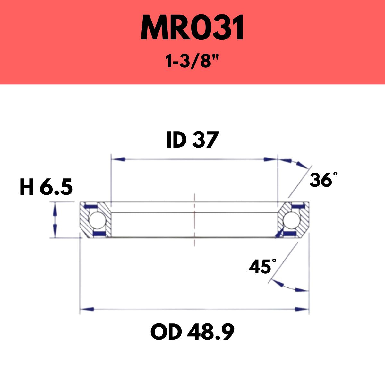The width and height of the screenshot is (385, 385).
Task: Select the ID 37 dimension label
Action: click(x=193, y=140)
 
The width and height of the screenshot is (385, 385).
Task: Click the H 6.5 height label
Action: click(x=46, y=187)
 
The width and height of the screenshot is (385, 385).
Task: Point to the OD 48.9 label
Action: click(x=193, y=332)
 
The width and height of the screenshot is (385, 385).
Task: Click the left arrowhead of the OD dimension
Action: click(x=87, y=309)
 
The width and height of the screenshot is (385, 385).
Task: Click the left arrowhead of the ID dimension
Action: click(x=118, y=159)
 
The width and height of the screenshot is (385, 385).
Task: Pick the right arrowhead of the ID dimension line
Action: click(x=269, y=159)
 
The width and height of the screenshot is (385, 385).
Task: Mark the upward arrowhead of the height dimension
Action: click(x=55, y=209)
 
